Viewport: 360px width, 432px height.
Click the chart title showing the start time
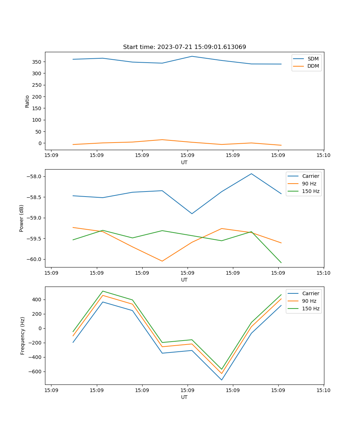pos(184,47)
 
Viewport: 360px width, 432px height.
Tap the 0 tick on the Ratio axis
pos(40,143)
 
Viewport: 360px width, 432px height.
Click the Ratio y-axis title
pos(27,101)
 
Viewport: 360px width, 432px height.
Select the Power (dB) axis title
pos(22,218)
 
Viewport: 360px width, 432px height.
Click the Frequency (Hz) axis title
pos(23,336)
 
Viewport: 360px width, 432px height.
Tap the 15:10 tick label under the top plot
pos(323,156)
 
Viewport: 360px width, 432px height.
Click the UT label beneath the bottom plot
pos(184,397)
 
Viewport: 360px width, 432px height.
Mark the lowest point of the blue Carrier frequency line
pos(222,380)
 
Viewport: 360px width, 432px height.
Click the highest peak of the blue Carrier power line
pos(251,174)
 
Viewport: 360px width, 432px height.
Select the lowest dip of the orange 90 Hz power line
pos(162,261)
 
